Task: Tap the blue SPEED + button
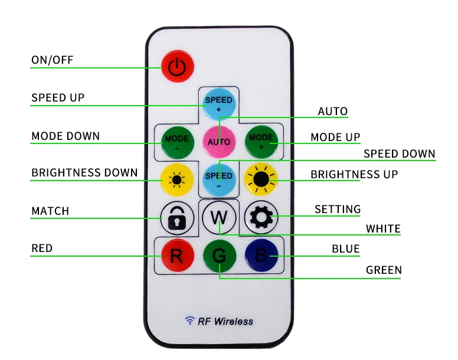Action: click(219, 104)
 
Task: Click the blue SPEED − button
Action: click(219, 179)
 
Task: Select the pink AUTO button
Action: click(219, 142)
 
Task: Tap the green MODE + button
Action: click(261, 142)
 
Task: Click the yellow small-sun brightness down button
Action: click(177, 179)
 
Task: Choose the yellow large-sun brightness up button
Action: click(261, 179)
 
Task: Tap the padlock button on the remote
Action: click(177, 218)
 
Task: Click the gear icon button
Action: click(261, 218)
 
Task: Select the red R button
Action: click(177, 255)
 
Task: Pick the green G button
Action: click(219, 255)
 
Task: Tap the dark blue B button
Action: click(261, 255)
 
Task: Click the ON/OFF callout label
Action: click(53, 60)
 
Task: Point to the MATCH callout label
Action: click(50, 211)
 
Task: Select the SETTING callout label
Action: click(338, 209)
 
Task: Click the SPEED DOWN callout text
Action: click(400, 153)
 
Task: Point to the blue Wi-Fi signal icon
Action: click(190, 320)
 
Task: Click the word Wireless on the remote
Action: click(233, 322)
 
